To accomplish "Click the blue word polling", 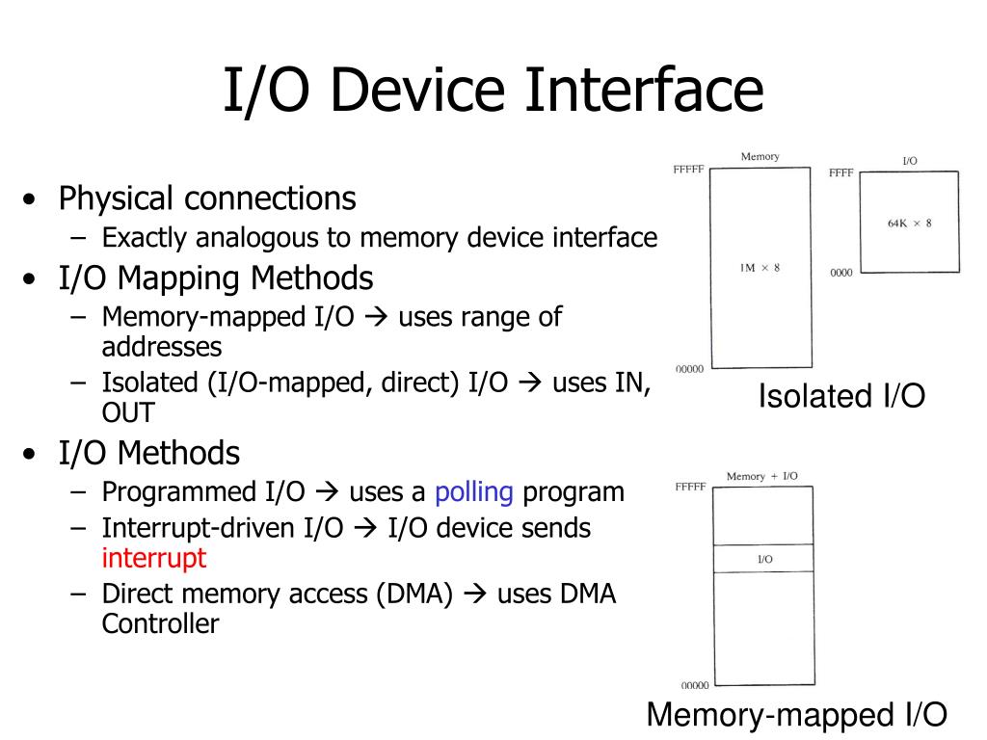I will point(473,492).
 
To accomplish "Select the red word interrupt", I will point(154,558).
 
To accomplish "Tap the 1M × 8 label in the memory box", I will point(760,267).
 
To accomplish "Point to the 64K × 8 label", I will point(909,224).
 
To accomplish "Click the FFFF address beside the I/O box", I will point(840,173).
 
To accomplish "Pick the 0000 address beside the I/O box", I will point(840,273).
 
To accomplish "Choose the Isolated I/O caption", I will point(841,396).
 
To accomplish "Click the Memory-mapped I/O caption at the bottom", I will point(796,715).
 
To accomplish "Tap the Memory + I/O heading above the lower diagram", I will point(761,476).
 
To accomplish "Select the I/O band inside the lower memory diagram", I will point(764,559).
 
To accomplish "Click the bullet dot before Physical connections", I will point(34,200).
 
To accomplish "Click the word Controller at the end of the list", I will point(160,623).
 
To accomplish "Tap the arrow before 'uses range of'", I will point(377,317).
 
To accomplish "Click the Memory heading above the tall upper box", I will point(760,156).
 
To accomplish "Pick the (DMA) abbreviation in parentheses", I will point(413,595).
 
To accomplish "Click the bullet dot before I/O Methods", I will point(34,454).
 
